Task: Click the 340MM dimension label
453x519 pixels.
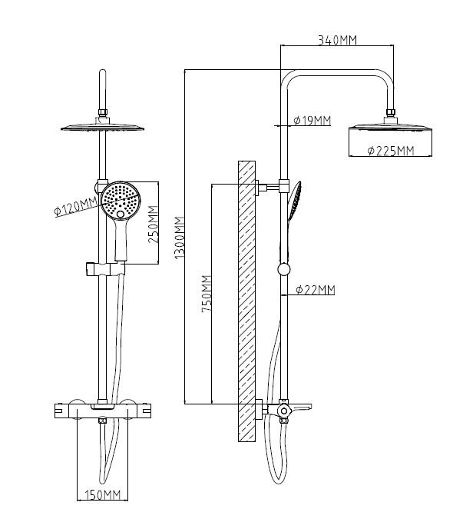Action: [x=337, y=40]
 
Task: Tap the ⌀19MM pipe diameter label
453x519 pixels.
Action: [x=312, y=121]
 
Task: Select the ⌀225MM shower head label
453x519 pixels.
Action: [x=391, y=151]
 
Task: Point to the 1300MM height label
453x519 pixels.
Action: [x=179, y=238]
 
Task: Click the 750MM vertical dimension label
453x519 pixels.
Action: [x=207, y=294]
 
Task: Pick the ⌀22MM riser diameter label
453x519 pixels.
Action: [x=316, y=290]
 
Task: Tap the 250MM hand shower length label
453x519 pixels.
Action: [x=153, y=225]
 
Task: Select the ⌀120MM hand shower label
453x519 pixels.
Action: [x=76, y=207]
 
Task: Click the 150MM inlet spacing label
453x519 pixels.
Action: [x=103, y=495]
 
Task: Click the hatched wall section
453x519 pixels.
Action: [x=246, y=301]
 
